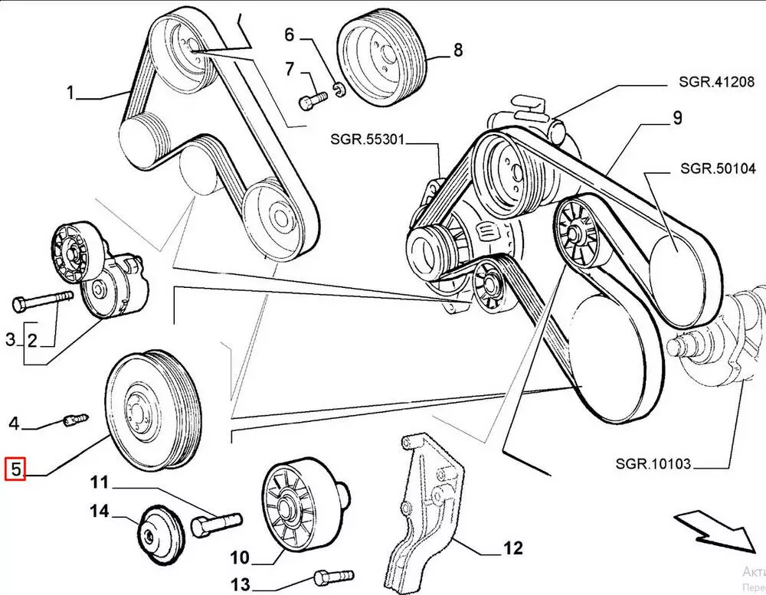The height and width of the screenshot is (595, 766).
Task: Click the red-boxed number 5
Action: click(15, 468)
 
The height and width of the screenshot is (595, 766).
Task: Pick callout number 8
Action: click(458, 51)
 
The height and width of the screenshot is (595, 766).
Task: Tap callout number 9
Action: click(677, 118)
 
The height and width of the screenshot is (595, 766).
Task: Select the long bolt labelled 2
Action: click(42, 299)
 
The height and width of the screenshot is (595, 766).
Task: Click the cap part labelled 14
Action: click(159, 533)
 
